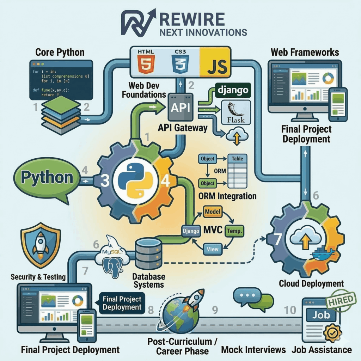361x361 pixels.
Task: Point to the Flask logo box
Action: [x=235, y=112]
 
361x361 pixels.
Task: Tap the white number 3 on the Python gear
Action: [x=105, y=180]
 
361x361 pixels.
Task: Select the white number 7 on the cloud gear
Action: [x=277, y=239]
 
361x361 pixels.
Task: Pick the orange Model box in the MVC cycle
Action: [x=212, y=212]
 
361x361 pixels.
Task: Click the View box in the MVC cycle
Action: [x=213, y=249]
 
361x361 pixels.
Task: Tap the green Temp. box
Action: [x=234, y=230]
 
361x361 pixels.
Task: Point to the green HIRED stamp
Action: [x=340, y=300]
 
